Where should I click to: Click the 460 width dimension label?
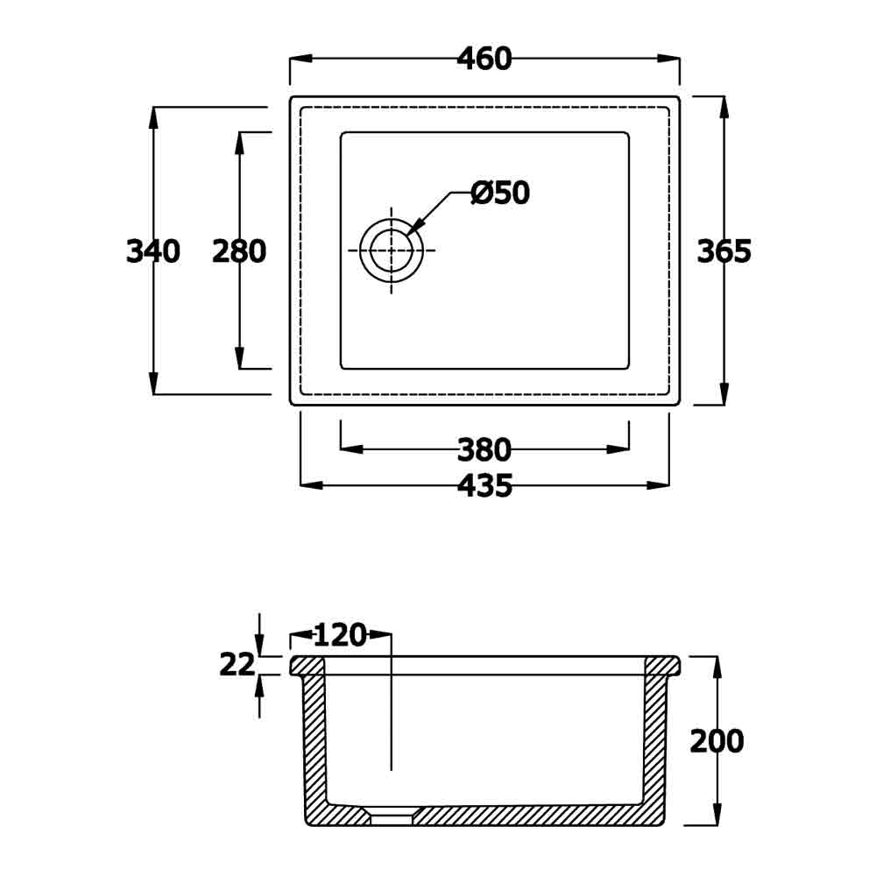(484, 59)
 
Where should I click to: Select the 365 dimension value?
(724, 251)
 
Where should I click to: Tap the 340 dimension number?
(153, 251)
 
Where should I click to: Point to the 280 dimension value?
(239, 251)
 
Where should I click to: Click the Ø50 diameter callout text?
(500, 194)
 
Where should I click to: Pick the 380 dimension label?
(484, 449)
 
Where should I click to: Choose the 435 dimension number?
(485, 485)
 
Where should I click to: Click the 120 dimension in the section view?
(340, 635)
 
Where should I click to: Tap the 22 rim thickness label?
(237, 665)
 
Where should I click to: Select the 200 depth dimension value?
(717, 741)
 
